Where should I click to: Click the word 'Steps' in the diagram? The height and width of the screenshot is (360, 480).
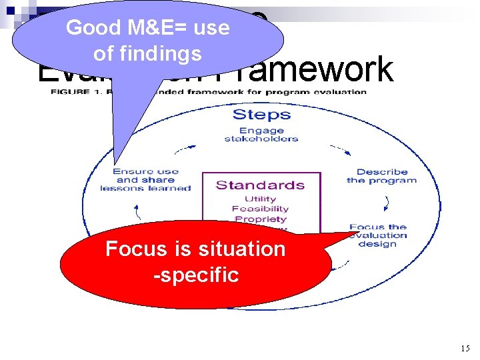(x=261, y=114)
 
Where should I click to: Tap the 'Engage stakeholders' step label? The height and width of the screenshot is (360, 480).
(x=261, y=135)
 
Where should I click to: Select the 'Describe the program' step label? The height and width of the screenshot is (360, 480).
(x=381, y=176)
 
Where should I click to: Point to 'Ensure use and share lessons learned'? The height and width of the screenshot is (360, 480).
(x=145, y=180)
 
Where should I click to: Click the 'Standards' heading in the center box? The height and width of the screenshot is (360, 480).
(x=260, y=185)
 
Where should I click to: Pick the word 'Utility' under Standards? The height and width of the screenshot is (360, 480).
(x=261, y=199)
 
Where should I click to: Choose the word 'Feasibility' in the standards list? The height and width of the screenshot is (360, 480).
(x=261, y=209)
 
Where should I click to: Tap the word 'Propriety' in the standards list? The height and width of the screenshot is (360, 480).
(x=261, y=219)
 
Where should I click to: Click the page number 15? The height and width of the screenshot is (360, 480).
(x=465, y=348)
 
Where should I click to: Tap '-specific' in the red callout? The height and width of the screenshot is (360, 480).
(x=195, y=274)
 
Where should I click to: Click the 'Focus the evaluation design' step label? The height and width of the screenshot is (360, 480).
(x=378, y=235)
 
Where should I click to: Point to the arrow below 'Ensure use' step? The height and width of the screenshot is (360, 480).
(x=137, y=211)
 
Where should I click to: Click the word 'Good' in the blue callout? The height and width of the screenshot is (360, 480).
(x=93, y=28)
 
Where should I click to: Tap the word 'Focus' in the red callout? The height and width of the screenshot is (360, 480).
(x=136, y=249)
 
